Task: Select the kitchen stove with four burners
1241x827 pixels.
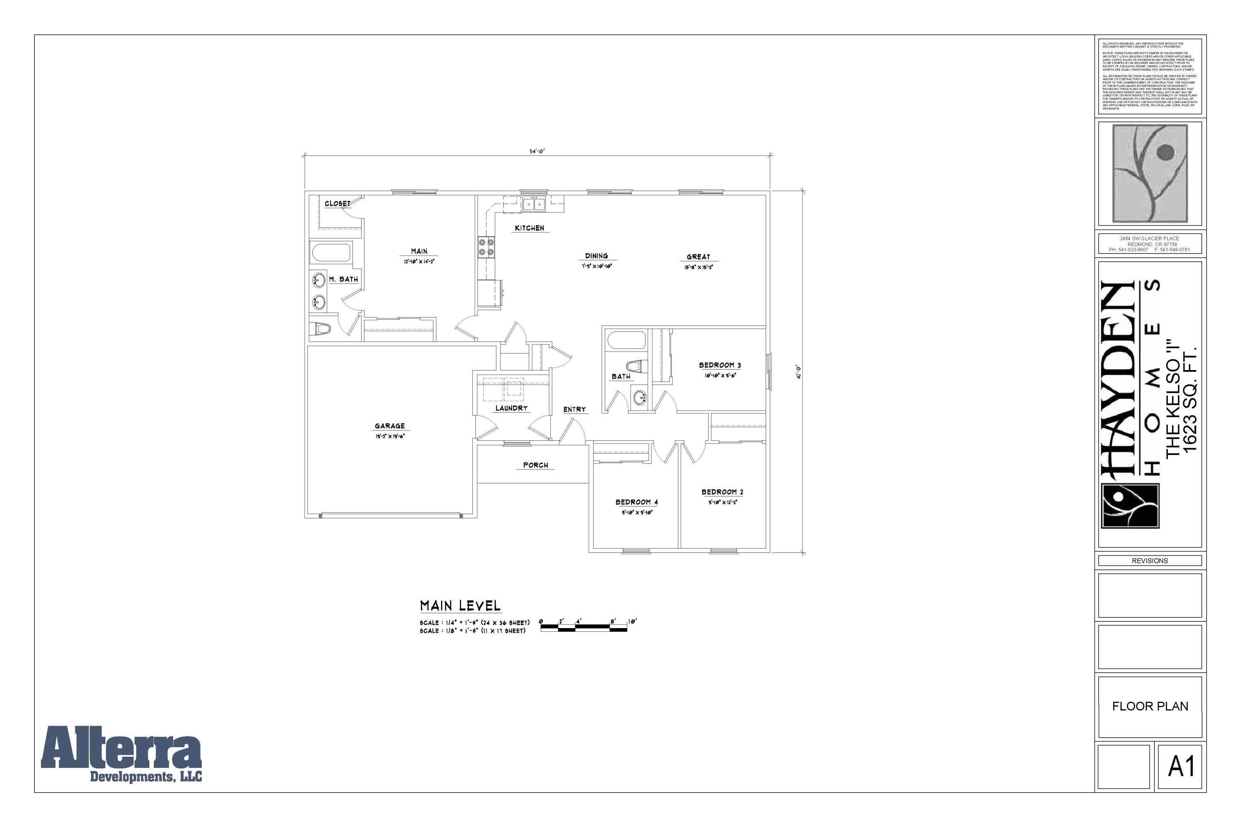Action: [486, 247]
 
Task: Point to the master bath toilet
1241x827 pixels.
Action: [322, 329]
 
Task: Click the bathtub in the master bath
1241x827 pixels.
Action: [331, 253]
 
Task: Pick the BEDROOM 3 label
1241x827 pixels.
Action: [720, 365]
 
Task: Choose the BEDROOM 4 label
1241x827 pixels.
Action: [636, 502]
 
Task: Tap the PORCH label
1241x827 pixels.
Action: [536, 465]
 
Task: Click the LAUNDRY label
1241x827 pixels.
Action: [511, 408]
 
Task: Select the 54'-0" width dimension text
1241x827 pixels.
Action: [537, 151]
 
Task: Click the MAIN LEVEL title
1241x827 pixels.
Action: [460, 606]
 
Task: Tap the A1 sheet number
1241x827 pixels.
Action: [1181, 766]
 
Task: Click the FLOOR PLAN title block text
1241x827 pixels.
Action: [1150, 706]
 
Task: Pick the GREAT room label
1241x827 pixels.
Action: [698, 257]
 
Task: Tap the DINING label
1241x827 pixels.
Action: [596, 256]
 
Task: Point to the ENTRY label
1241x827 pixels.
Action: [574, 409]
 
